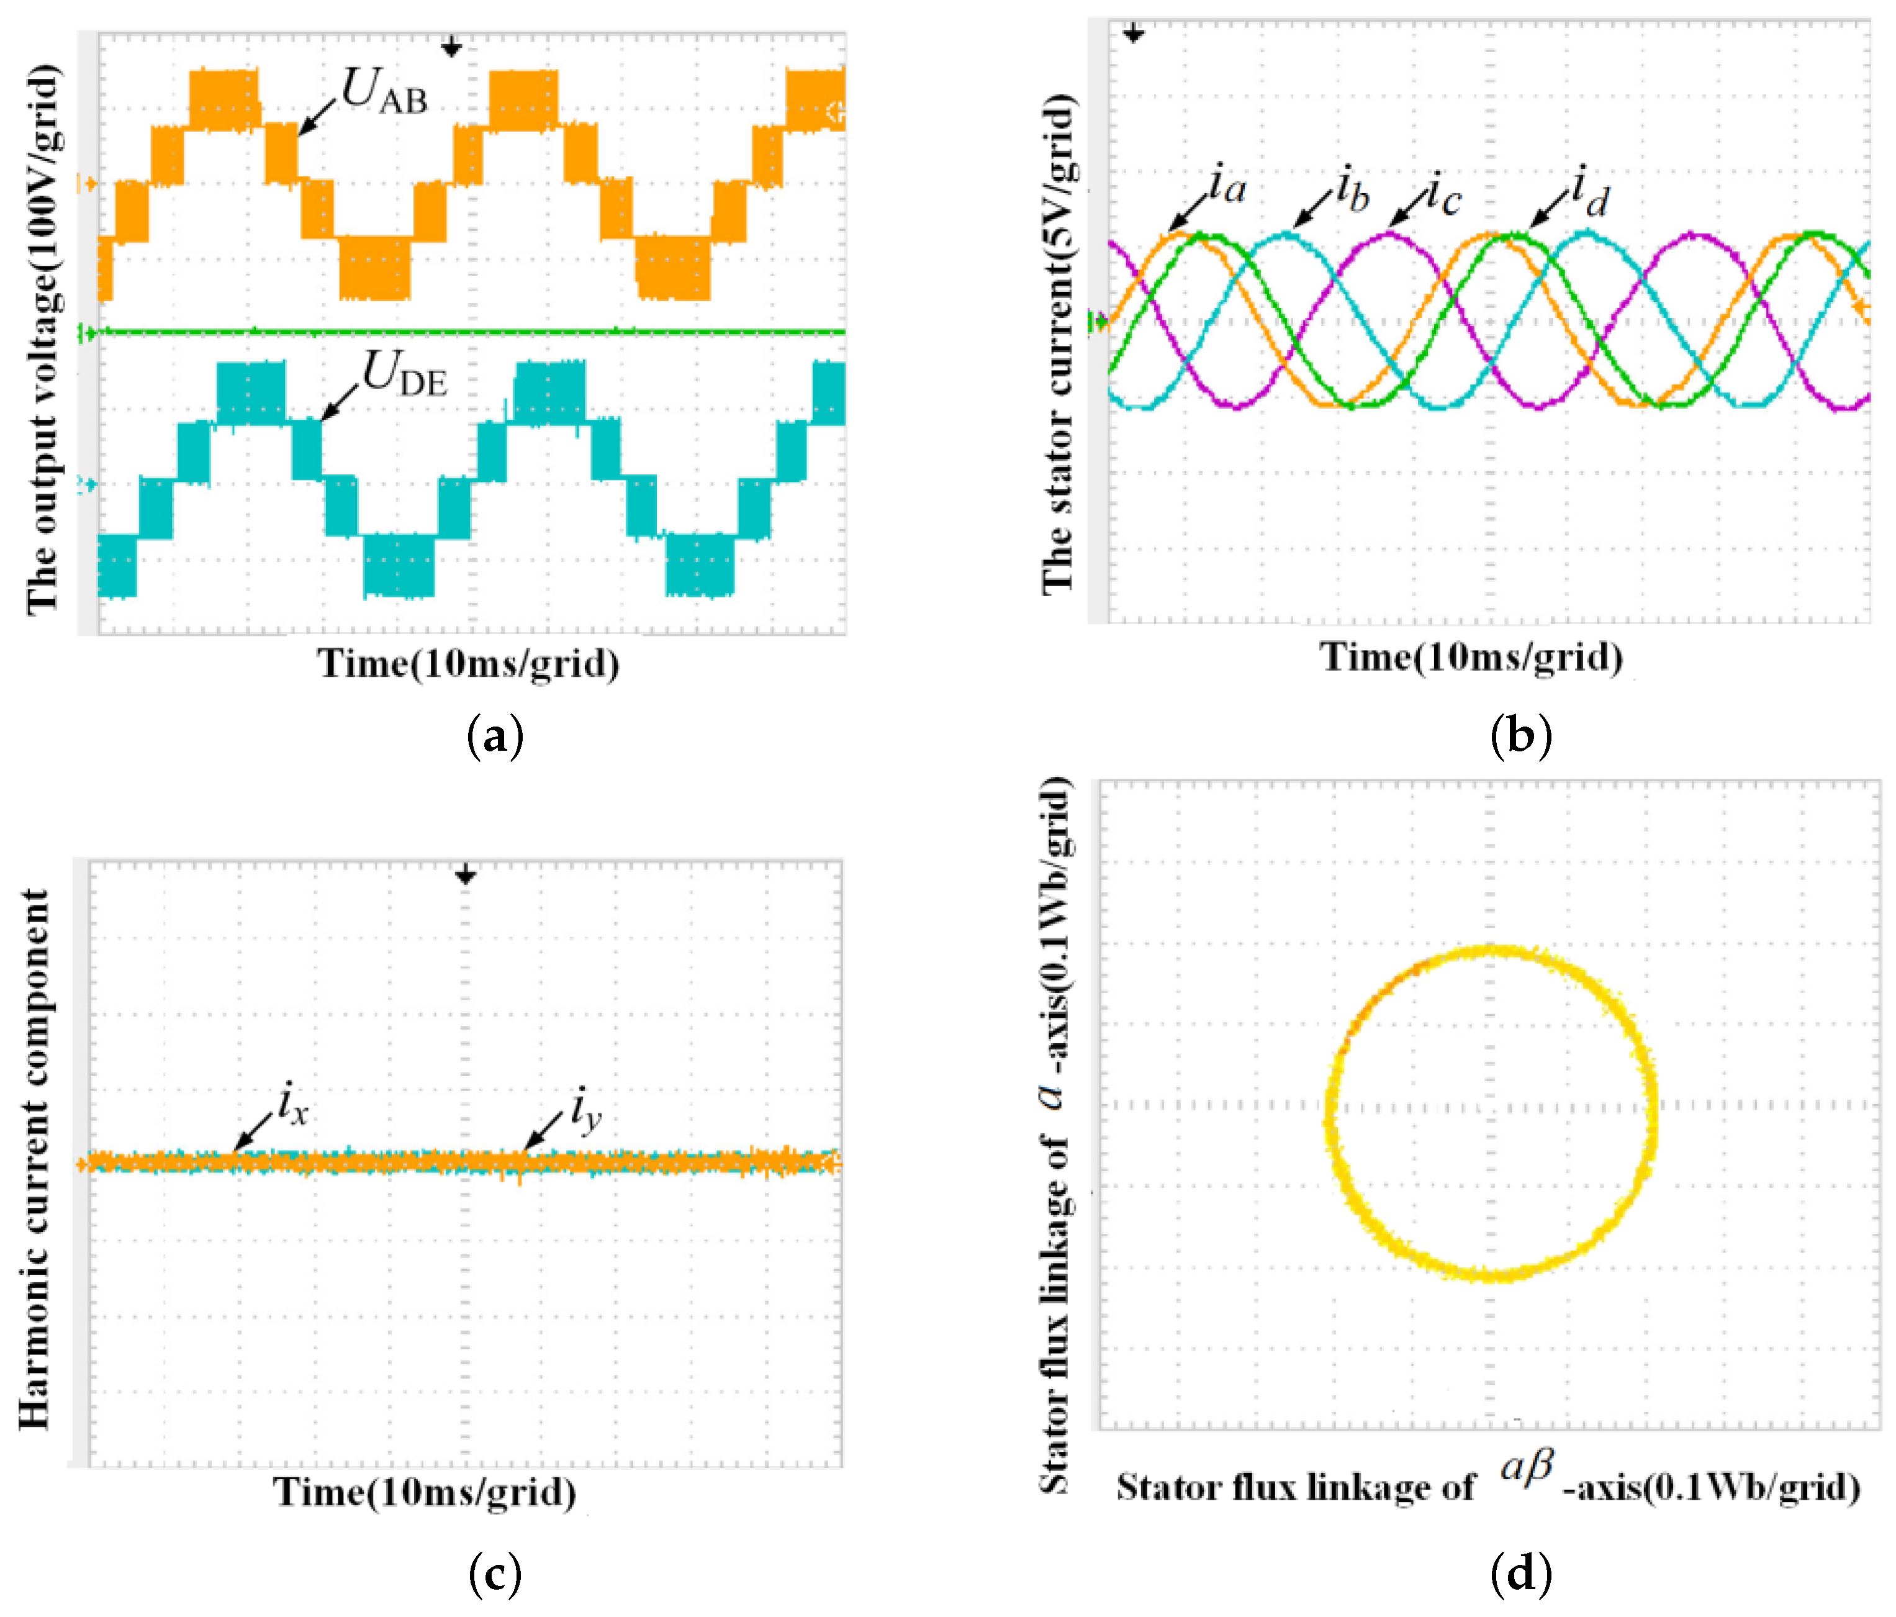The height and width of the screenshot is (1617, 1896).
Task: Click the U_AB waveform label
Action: point(384,91)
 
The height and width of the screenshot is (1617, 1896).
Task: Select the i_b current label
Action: point(1352,191)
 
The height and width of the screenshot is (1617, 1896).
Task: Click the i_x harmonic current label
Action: point(294,1105)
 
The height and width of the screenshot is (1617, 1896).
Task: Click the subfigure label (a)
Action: point(495,736)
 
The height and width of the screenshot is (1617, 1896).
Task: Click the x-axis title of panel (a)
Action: point(469,663)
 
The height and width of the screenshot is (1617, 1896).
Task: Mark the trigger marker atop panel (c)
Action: point(466,876)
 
